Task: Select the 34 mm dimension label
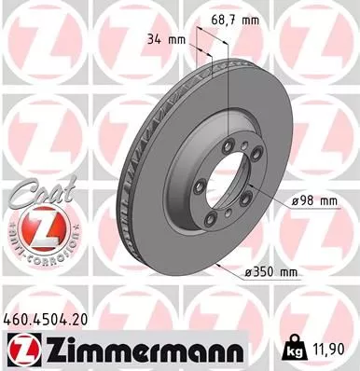(162, 40)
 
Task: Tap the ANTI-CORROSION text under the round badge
(34, 253)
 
